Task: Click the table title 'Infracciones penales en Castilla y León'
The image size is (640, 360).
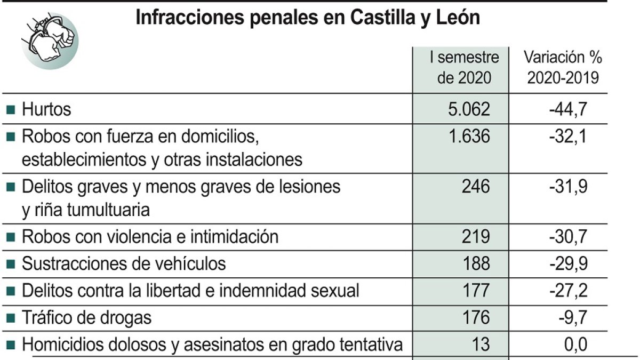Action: pos(308,18)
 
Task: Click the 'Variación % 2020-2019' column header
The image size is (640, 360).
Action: pos(563,68)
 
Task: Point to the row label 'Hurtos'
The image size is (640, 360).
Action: pos(46,110)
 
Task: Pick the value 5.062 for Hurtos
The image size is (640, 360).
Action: pos(469,110)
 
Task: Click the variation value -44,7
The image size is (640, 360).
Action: pos(568,110)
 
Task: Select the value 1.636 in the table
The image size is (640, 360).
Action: pos(469,137)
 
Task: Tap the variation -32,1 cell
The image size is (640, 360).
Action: pos(568,137)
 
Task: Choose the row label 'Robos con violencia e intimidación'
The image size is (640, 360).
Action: pos(150,236)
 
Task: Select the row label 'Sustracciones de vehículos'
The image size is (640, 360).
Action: pos(124,263)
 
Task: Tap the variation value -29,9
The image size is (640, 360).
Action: pos(568,263)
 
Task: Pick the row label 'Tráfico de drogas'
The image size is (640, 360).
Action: pos(86,318)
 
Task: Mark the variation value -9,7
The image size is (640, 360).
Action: pos(572,318)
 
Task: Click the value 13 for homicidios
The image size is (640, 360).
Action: pos(481,345)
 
